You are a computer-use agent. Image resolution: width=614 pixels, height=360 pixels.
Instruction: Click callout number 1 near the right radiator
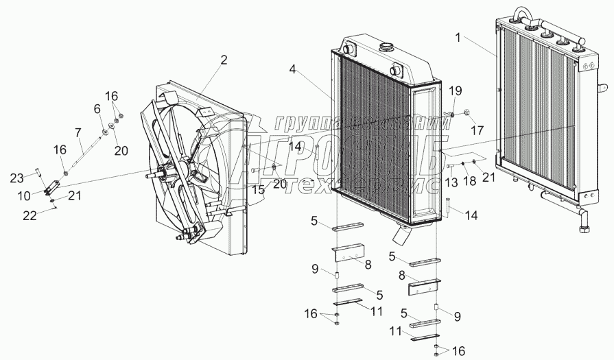[456, 37]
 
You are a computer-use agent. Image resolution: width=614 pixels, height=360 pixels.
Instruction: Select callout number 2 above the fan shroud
[224, 60]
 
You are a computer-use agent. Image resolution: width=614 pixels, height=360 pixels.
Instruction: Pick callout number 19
[456, 91]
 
